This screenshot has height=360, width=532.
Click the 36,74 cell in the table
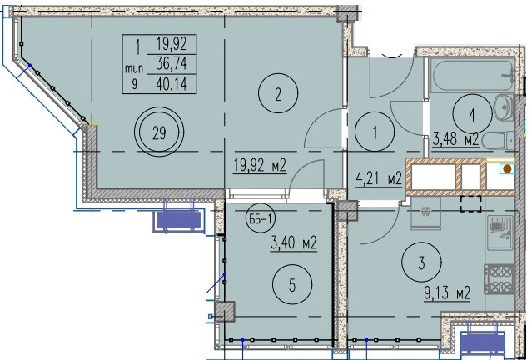coord(172,64)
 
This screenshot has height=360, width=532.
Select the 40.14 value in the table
coord(172,83)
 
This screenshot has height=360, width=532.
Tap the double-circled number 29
coord(159,132)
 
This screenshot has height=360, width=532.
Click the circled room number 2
coord(278,93)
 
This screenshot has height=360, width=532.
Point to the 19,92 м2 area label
coord(260,166)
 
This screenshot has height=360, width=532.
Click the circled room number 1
coord(375,132)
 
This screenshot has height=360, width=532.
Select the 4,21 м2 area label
coord(379,178)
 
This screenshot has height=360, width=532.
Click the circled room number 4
coord(472,115)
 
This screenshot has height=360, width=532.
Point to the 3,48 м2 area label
coord(455,139)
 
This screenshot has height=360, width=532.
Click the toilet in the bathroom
coord(498,141)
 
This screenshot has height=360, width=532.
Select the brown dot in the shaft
coord(507,168)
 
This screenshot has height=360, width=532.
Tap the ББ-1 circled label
coord(261,218)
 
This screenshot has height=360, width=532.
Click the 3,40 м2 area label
coord(294,243)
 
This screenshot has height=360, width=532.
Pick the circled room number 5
coord(292,285)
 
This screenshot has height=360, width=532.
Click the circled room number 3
coord(422,262)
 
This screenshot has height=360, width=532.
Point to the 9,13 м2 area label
coord(447,292)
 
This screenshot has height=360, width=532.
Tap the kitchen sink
coord(500,233)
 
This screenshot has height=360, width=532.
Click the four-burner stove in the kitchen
coord(499,279)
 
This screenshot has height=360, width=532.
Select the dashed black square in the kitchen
coord(471,203)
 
